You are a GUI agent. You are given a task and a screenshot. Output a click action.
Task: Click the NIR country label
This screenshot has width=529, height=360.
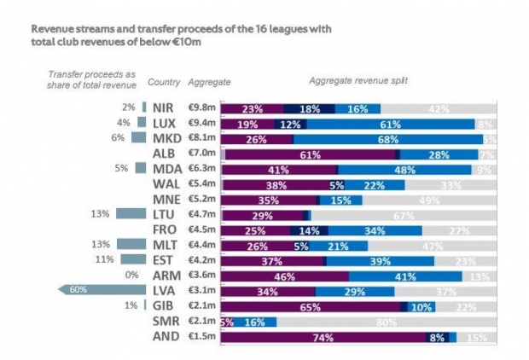[x=163, y=108]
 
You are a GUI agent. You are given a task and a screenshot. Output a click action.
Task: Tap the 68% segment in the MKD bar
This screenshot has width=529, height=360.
[x=389, y=138]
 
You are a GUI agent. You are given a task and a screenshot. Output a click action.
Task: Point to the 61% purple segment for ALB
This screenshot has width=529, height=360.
[x=310, y=154]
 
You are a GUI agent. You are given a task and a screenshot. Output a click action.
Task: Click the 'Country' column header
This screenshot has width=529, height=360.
[x=163, y=82]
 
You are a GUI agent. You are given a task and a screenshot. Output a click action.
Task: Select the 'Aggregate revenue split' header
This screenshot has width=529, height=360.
[x=358, y=81]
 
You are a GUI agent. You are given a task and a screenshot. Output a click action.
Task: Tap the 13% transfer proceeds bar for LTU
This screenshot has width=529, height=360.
[x=131, y=214]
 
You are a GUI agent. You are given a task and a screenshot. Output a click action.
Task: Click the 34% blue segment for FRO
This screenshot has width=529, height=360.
[x=375, y=229]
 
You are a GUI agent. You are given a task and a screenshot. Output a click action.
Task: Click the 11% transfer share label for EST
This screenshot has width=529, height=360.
[x=105, y=259]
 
